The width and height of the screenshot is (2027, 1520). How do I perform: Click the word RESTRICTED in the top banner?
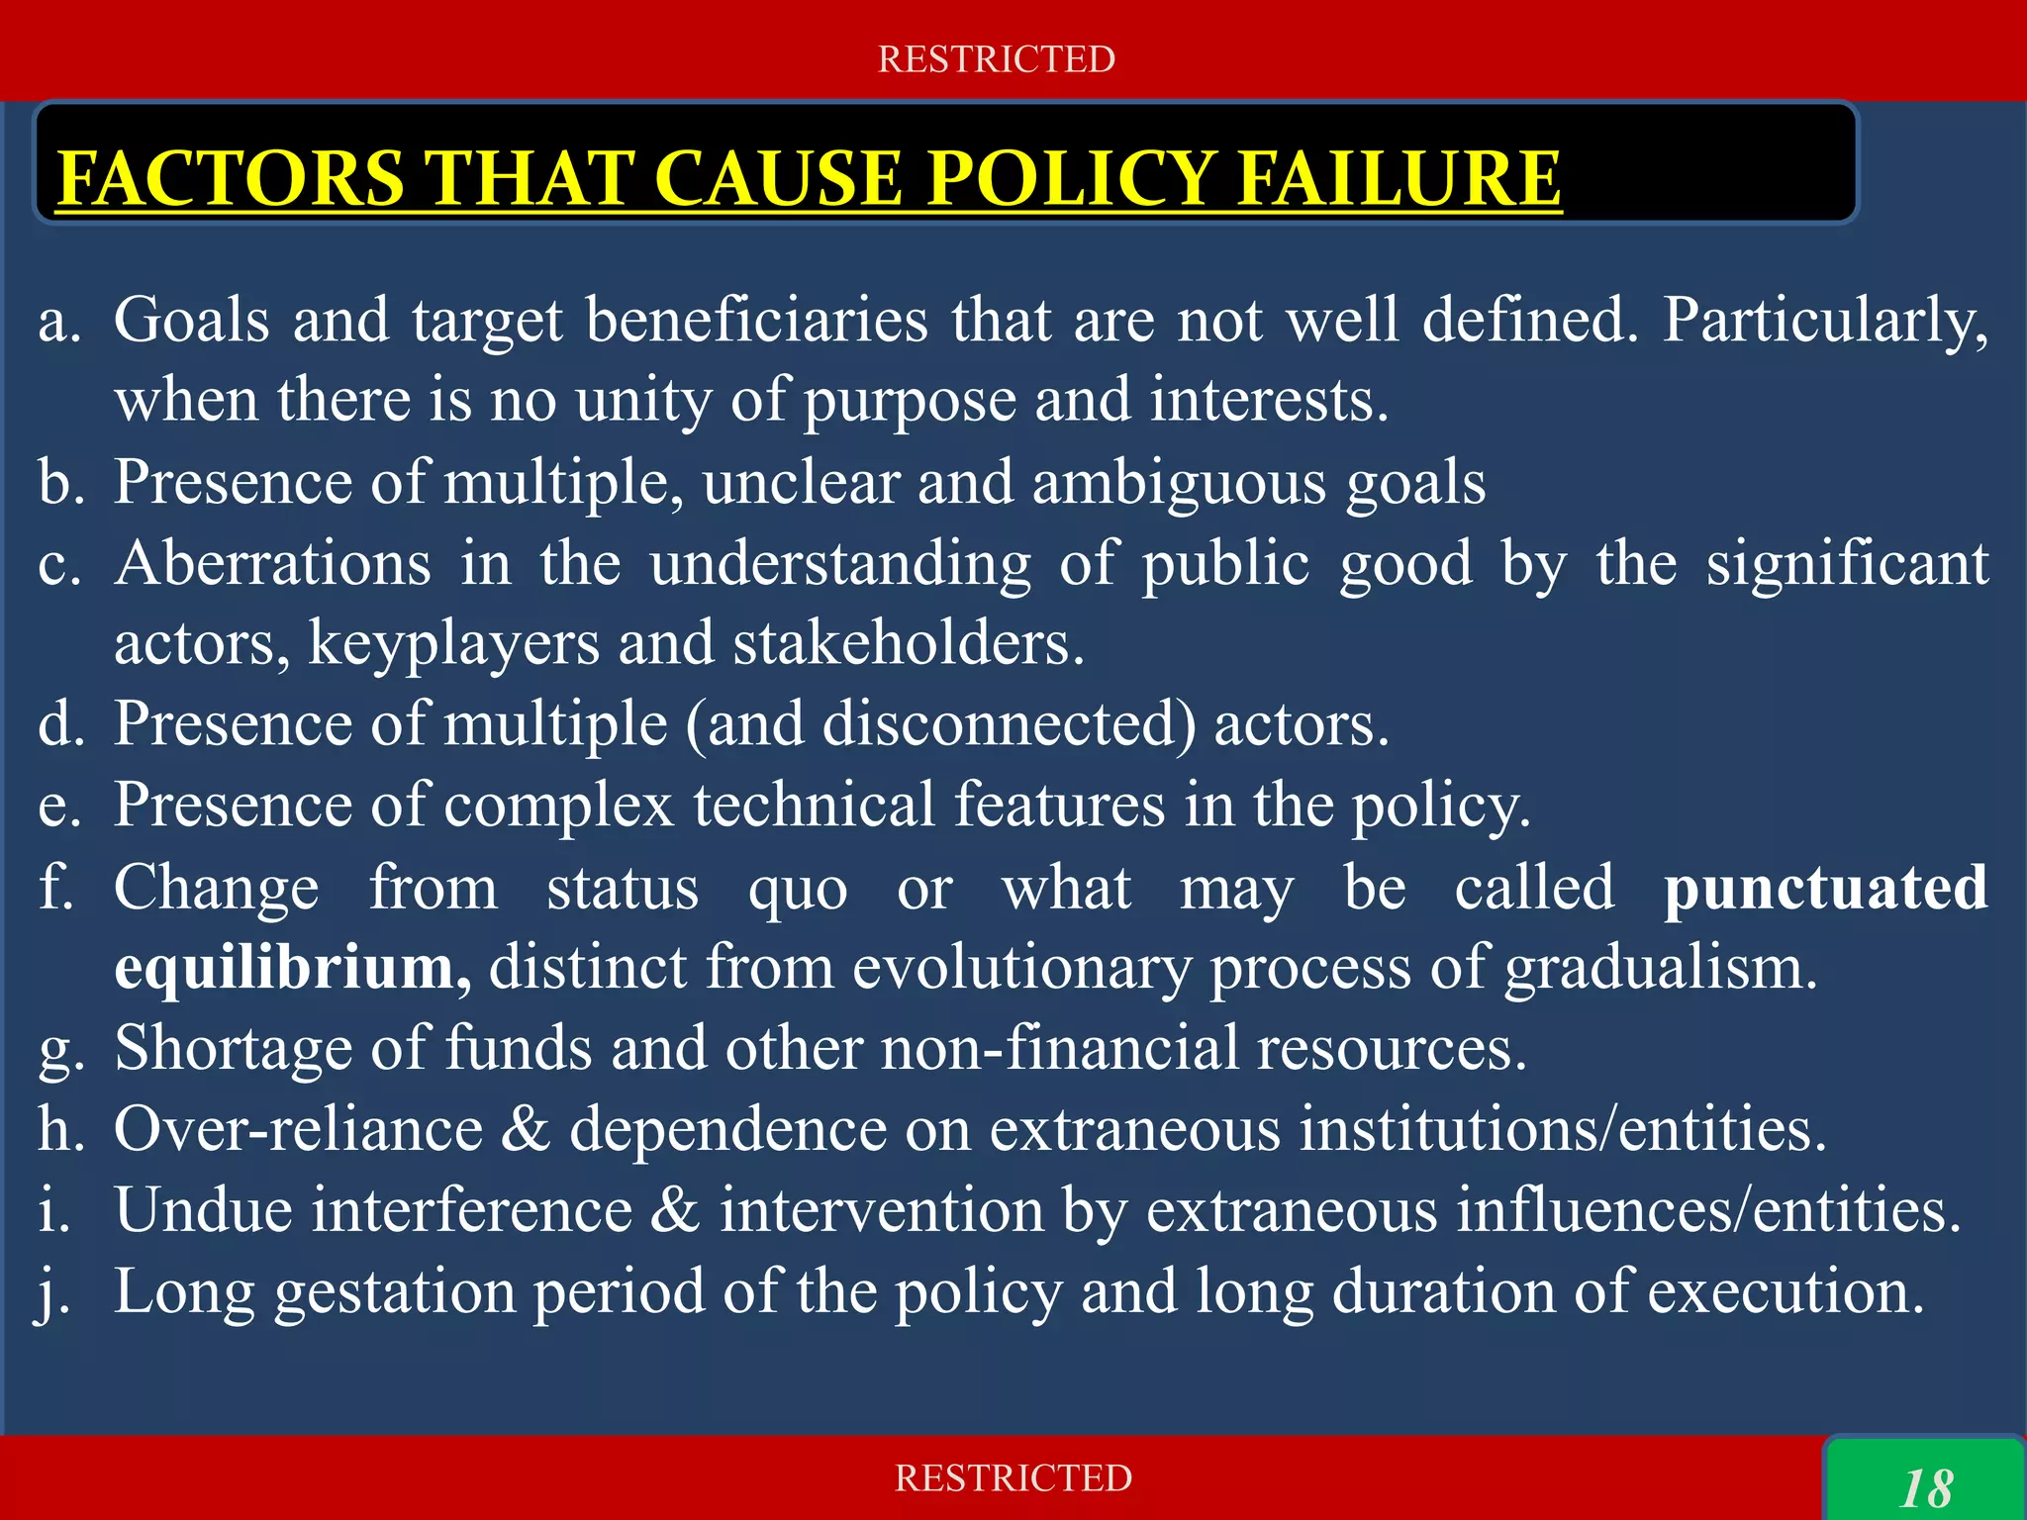pyautogui.click(x=996, y=59)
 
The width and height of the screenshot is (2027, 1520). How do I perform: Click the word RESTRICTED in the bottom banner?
pyautogui.click(x=1013, y=1478)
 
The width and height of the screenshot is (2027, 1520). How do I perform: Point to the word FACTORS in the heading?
pyautogui.click(x=231, y=179)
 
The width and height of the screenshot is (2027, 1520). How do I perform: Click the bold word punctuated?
pyautogui.click(x=1825, y=887)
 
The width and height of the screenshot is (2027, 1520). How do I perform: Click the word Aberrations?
pyautogui.click(x=272, y=563)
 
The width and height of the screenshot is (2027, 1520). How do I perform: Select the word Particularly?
pyautogui.click(x=1824, y=321)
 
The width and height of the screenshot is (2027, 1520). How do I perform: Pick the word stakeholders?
pyautogui.click(x=908, y=643)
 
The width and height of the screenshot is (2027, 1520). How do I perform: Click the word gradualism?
pyautogui.click(x=1661, y=967)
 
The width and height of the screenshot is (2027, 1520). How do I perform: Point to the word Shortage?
pyautogui.click(x=233, y=1048)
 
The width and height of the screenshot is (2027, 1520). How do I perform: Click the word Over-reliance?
pyautogui.click(x=298, y=1129)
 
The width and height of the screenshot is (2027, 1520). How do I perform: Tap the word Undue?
pyautogui.click(x=203, y=1210)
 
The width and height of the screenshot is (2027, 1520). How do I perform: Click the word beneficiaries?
pyautogui.click(x=757, y=321)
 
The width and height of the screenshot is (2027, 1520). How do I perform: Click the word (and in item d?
pyautogui.click(x=744, y=724)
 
